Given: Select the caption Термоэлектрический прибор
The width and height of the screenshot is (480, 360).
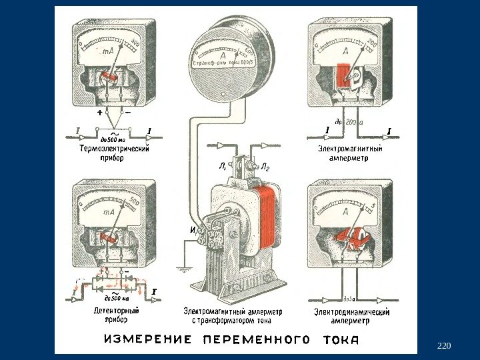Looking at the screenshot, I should [114, 154].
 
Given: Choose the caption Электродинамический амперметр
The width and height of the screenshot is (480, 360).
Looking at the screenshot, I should [351, 315].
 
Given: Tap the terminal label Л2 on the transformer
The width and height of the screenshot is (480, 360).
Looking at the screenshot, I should [265, 167].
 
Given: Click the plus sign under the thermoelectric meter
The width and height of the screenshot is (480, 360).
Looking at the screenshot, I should [99, 113].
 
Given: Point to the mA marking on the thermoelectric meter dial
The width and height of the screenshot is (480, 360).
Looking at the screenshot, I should [106, 51].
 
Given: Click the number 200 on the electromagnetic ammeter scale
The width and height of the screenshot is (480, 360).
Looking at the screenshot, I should [372, 43].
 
